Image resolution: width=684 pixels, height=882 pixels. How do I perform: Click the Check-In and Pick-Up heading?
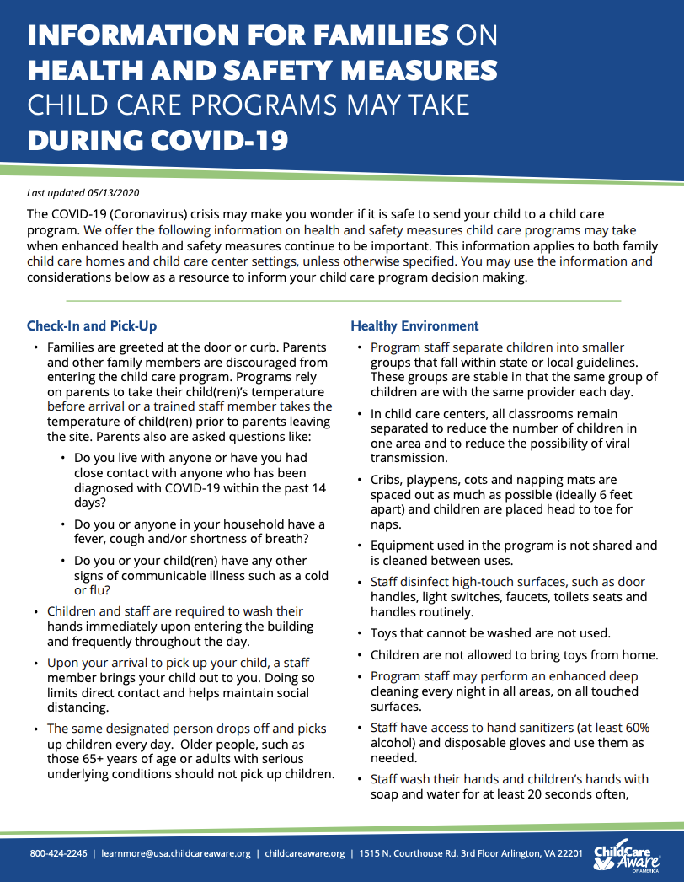(x=92, y=325)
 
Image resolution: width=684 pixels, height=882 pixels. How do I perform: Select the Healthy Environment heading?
(x=414, y=325)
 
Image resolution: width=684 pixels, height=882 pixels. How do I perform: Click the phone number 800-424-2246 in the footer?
(x=58, y=853)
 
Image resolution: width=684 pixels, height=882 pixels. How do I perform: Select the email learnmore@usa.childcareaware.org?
(x=176, y=853)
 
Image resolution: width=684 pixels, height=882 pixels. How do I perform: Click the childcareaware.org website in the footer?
(x=304, y=853)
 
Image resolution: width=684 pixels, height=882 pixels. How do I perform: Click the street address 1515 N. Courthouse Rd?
(x=419, y=853)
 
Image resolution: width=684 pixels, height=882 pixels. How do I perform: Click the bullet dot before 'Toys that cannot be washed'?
(x=361, y=633)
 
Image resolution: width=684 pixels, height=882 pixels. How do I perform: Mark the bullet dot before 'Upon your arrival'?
(x=36, y=663)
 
